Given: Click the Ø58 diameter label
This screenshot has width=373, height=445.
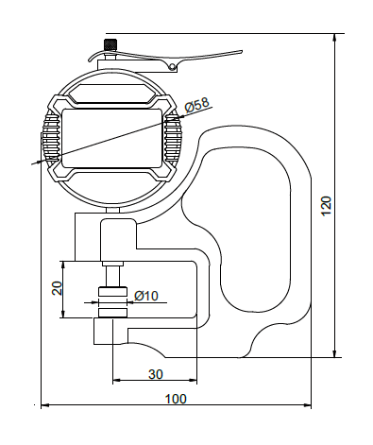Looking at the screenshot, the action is click(x=197, y=105).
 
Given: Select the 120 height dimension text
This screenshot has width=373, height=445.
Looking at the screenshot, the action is click(x=327, y=206).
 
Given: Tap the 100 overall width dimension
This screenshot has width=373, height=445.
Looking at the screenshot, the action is click(x=176, y=399).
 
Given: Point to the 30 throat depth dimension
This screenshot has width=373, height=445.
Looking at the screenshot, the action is click(x=156, y=374).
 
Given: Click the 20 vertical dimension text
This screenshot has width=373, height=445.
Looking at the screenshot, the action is click(x=58, y=288).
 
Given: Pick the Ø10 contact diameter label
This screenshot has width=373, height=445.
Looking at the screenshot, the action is click(x=146, y=296).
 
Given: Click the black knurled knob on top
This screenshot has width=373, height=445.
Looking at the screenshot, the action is click(x=110, y=44).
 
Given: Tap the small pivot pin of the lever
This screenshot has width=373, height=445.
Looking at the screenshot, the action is click(x=172, y=66).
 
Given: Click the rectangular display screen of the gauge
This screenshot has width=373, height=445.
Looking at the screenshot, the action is click(x=112, y=138).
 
